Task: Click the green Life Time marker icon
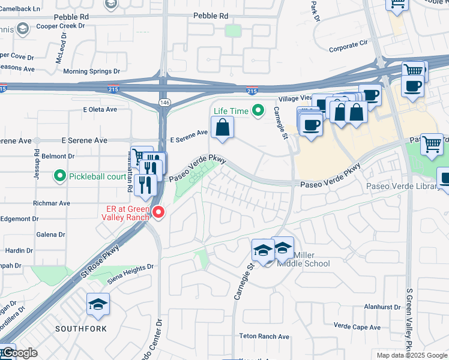coord(258,110)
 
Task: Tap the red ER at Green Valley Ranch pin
coord(158,212)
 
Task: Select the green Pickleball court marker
coord(59,176)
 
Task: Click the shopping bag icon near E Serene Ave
coord(222,128)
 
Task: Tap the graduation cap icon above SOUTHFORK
coord(98,305)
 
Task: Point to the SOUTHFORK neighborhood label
coord(81,329)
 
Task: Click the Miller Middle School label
coord(303,259)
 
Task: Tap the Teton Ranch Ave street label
coord(264,337)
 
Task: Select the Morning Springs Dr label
coord(92,71)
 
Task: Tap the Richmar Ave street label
coord(53,203)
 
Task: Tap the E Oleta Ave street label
coord(100,109)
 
